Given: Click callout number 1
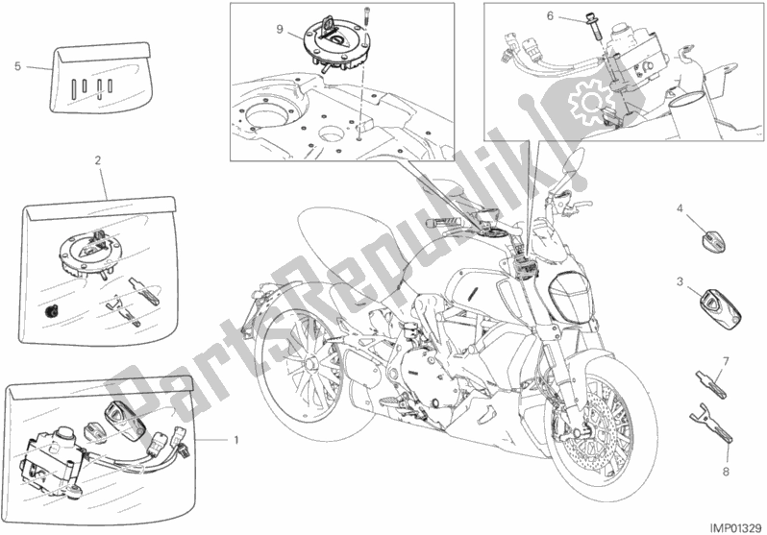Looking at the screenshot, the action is pos(236,440).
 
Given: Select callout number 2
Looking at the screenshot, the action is pos(98,159).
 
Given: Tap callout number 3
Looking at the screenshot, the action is pos(680,281).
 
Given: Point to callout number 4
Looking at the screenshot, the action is pos(680,208).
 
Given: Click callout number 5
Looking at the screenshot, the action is pos(18,66).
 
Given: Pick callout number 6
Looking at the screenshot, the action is pos(550,16).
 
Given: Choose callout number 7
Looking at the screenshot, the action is pos(726,362).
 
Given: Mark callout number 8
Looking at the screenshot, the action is pos(726,472).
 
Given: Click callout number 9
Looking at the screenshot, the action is pos(280,30).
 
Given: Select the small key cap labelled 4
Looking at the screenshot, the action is pos(715,238).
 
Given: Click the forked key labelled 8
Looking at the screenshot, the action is pos(711,426).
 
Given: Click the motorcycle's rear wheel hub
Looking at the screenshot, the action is pos(309,364).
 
